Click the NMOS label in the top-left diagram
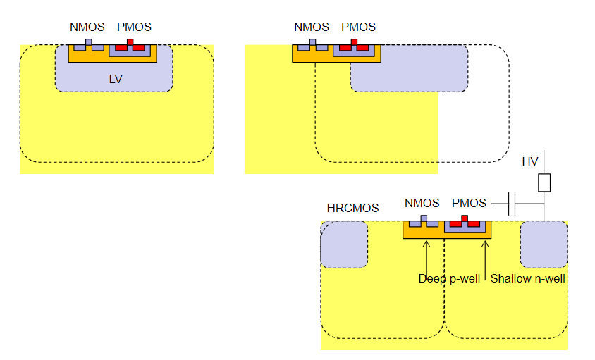pyautogui.click(x=87, y=27)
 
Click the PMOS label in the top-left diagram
pyautogui.click(x=134, y=27)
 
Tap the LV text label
pyautogui.click(x=116, y=79)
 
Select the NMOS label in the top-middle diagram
pyautogui.click(x=311, y=27)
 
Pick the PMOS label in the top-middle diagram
pyautogui.click(x=358, y=27)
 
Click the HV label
pyautogui.click(x=529, y=162)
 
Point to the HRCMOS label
pyautogui.click(x=352, y=209)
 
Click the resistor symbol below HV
pyautogui.click(x=544, y=183)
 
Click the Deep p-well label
pyautogui.click(x=449, y=279)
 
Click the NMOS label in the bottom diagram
pyautogui.click(x=422, y=204)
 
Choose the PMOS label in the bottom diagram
pyautogui.click(x=469, y=204)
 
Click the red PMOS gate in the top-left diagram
pyautogui.click(x=130, y=43)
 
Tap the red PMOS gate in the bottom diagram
pyautogui.click(x=465, y=219)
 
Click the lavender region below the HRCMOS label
pyautogui.click(x=344, y=244)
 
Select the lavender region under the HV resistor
pyautogui.click(x=544, y=244)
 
